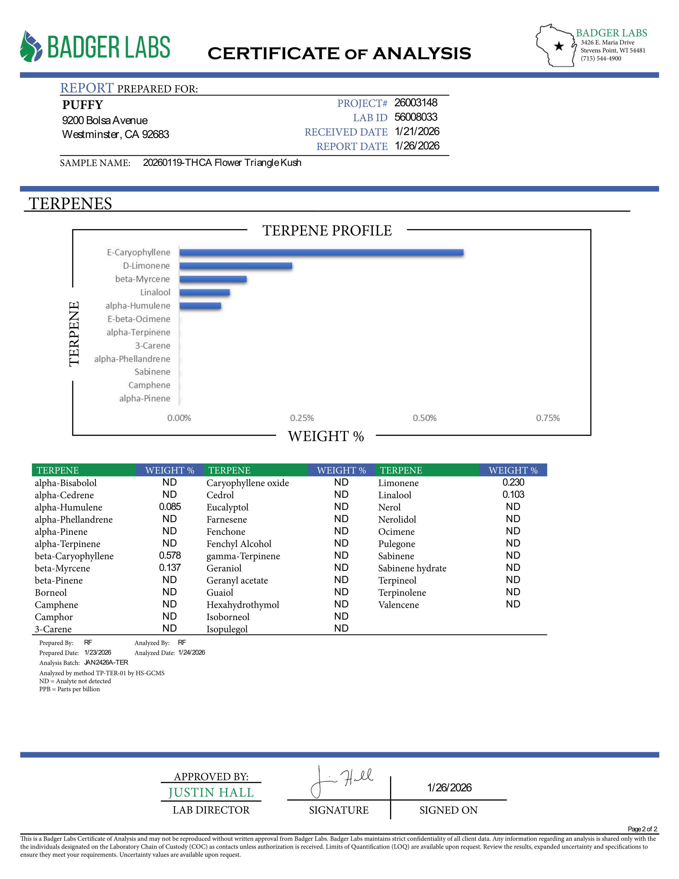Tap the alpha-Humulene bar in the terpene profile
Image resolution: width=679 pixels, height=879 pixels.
[x=200, y=306]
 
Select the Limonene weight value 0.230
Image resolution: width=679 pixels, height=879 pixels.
[x=513, y=483]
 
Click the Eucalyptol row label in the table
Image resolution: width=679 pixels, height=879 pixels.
[x=227, y=507]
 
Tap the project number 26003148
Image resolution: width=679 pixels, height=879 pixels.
[x=416, y=103]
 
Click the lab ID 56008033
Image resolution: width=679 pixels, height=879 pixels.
[x=416, y=117]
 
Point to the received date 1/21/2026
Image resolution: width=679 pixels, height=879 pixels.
[x=417, y=132]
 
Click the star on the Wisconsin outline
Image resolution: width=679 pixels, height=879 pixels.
[x=559, y=46]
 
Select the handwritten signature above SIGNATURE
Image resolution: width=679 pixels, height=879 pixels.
[x=342, y=781]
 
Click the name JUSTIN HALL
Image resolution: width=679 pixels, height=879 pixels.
[x=211, y=792]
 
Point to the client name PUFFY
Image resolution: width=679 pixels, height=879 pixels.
[x=83, y=105]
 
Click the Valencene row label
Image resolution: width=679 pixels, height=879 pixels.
[x=398, y=605]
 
